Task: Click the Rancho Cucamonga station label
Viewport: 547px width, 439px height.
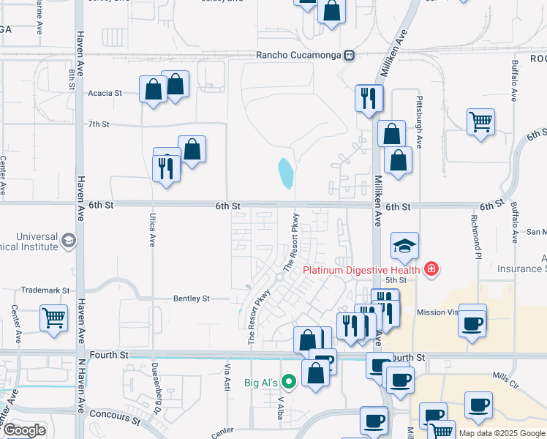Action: (300, 56)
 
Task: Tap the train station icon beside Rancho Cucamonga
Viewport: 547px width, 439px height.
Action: (350, 56)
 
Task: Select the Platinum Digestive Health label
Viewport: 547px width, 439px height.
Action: (361, 270)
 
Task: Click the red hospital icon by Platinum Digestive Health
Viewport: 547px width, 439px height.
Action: (431, 270)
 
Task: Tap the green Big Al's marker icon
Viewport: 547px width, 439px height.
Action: (289, 381)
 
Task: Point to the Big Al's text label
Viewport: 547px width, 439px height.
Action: (261, 382)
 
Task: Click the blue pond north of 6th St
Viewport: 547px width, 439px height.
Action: (285, 173)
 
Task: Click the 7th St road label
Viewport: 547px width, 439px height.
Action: (98, 124)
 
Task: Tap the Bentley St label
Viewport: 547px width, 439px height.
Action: (191, 299)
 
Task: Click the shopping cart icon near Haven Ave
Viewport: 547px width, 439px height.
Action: (54, 318)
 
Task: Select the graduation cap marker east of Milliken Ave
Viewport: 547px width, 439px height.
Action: (404, 247)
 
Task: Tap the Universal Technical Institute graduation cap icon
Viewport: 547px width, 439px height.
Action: (68, 241)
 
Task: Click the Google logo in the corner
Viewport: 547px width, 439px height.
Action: (24, 430)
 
